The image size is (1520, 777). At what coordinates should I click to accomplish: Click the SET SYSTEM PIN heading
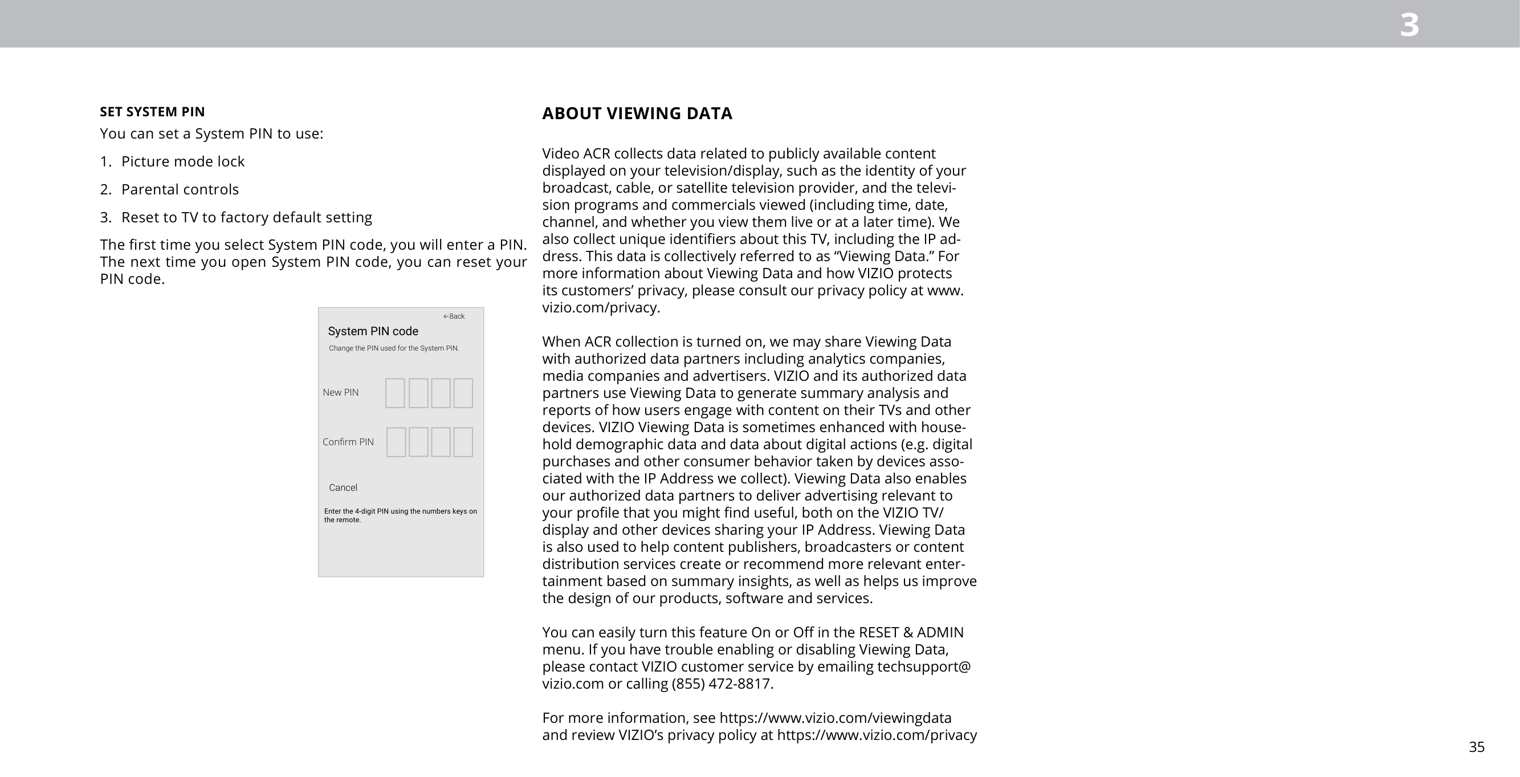152,112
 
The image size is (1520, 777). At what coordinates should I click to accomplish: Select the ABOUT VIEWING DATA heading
637,113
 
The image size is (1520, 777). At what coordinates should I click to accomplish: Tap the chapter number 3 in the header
1409,26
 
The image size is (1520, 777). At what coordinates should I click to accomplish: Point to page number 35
1476,747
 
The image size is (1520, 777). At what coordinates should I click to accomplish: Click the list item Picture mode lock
182,161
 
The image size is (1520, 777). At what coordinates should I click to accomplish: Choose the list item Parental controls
180,189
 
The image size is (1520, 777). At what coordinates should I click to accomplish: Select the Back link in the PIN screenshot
454,316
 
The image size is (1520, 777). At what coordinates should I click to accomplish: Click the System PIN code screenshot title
373,331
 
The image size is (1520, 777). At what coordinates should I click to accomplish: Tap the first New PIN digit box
395,393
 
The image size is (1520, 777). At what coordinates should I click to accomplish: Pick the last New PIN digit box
463,393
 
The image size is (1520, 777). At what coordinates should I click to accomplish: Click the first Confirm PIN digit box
396,442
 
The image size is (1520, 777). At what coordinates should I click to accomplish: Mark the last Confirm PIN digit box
463,442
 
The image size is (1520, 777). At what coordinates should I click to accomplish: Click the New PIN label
340,393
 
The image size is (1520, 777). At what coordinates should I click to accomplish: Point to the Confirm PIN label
348,442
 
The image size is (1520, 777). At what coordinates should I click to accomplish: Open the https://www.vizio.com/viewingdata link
835,718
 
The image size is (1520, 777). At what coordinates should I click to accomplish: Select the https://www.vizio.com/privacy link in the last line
876,735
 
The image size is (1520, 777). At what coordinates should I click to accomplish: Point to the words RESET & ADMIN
911,632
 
